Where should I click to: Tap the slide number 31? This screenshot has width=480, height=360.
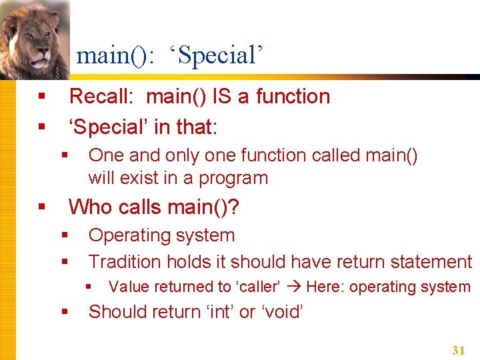[458, 350]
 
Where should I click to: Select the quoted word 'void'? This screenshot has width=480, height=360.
[283, 311]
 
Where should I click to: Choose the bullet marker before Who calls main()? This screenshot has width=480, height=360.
[41, 207]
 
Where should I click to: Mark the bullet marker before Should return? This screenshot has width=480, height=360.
[65, 311]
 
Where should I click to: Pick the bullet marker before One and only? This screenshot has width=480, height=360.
[65, 155]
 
